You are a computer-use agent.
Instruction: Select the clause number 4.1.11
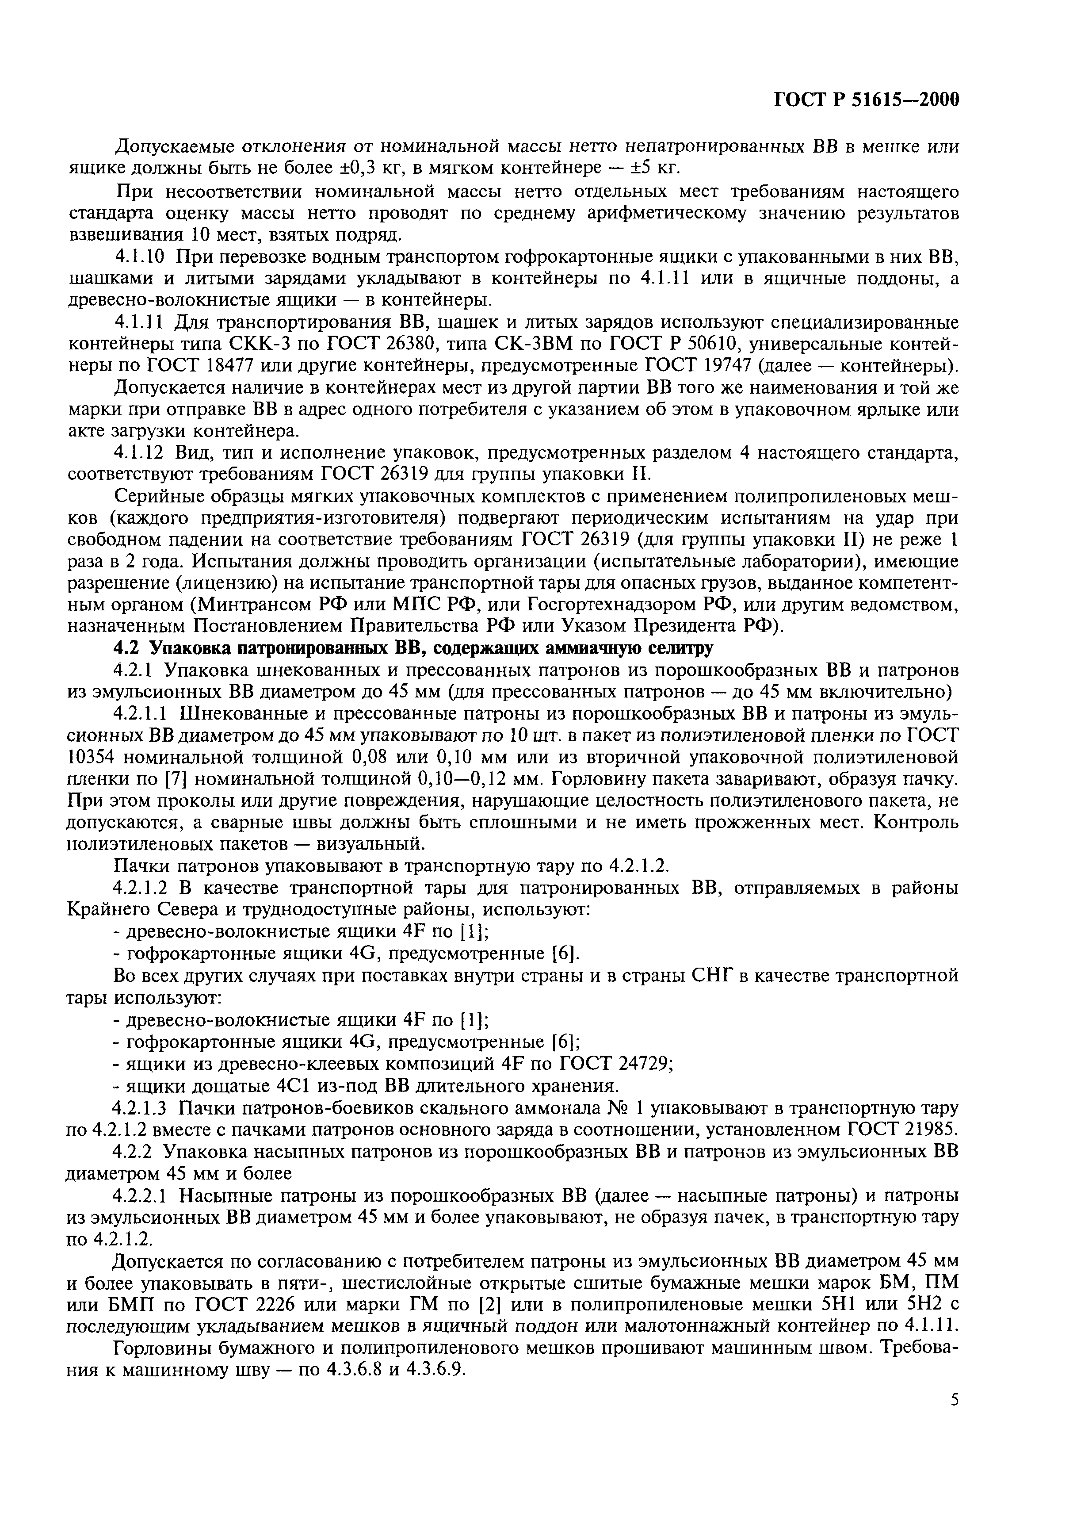[x=140, y=323]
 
